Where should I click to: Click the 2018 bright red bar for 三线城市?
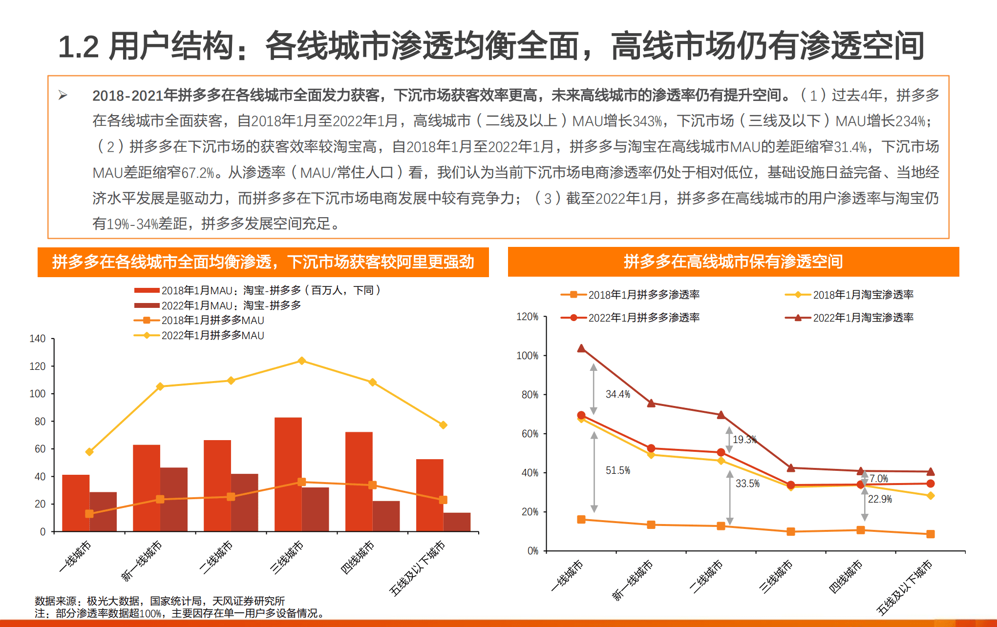click(288, 473)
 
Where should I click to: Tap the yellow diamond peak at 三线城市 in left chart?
click(301, 361)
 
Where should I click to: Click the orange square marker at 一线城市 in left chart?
click(89, 513)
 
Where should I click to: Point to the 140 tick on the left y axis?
click(38, 339)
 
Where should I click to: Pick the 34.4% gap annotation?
click(617, 394)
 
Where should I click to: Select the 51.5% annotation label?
click(617, 470)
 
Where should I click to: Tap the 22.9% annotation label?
click(879, 499)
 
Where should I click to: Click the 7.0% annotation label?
click(878, 479)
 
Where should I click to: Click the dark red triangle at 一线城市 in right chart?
click(581, 348)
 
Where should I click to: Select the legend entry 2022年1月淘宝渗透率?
click(863, 318)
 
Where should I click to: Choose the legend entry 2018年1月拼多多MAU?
click(212, 321)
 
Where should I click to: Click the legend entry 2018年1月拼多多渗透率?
click(643, 295)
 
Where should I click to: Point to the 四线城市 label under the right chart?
click(846, 576)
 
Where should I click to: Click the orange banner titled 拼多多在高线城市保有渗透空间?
click(733, 262)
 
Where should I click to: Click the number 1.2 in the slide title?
click(78, 47)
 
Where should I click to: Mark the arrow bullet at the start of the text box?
click(63, 95)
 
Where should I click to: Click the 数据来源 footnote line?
click(159, 601)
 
